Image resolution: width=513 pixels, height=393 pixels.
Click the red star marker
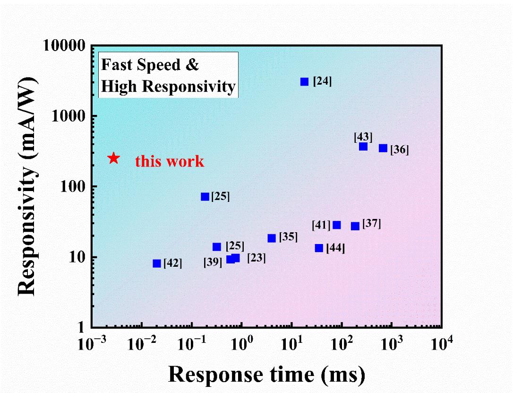click(x=113, y=158)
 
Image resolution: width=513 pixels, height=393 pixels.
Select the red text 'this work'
click(x=170, y=161)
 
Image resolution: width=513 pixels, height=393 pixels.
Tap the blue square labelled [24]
click(x=305, y=82)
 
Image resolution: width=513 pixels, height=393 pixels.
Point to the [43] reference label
click(x=363, y=137)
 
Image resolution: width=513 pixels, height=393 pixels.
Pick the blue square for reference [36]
click(x=383, y=148)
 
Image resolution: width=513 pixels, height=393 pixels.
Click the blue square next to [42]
click(x=157, y=263)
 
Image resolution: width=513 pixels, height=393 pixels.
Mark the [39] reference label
click(x=213, y=262)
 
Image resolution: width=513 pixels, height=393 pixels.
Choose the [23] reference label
click(x=256, y=258)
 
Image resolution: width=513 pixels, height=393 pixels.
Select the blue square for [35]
click(x=272, y=238)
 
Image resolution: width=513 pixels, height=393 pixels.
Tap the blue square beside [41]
click(x=337, y=225)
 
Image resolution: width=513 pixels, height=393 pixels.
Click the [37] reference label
click(x=371, y=224)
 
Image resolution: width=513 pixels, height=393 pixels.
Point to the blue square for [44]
click(x=319, y=248)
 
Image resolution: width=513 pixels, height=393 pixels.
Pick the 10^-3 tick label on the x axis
click(x=91, y=345)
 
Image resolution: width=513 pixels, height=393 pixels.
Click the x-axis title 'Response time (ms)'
click(x=266, y=375)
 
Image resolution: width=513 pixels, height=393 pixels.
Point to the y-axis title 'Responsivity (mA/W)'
click(x=29, y=186)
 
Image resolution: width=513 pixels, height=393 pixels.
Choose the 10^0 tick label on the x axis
click(x=242, y=345)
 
